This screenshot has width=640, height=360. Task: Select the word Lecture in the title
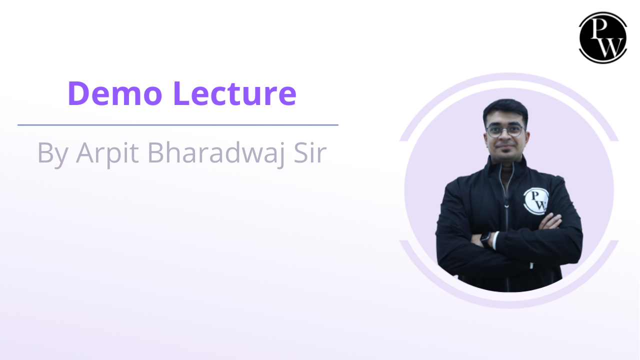(234, 93)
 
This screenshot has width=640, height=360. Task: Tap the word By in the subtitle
(53, 153)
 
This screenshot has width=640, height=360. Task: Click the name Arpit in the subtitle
(108, 153)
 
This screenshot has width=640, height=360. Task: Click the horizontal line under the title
(177, 125)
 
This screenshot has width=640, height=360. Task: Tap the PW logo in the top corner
(602, 37)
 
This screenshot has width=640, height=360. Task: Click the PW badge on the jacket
(536, 199)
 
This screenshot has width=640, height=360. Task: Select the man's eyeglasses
(504, 131)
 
